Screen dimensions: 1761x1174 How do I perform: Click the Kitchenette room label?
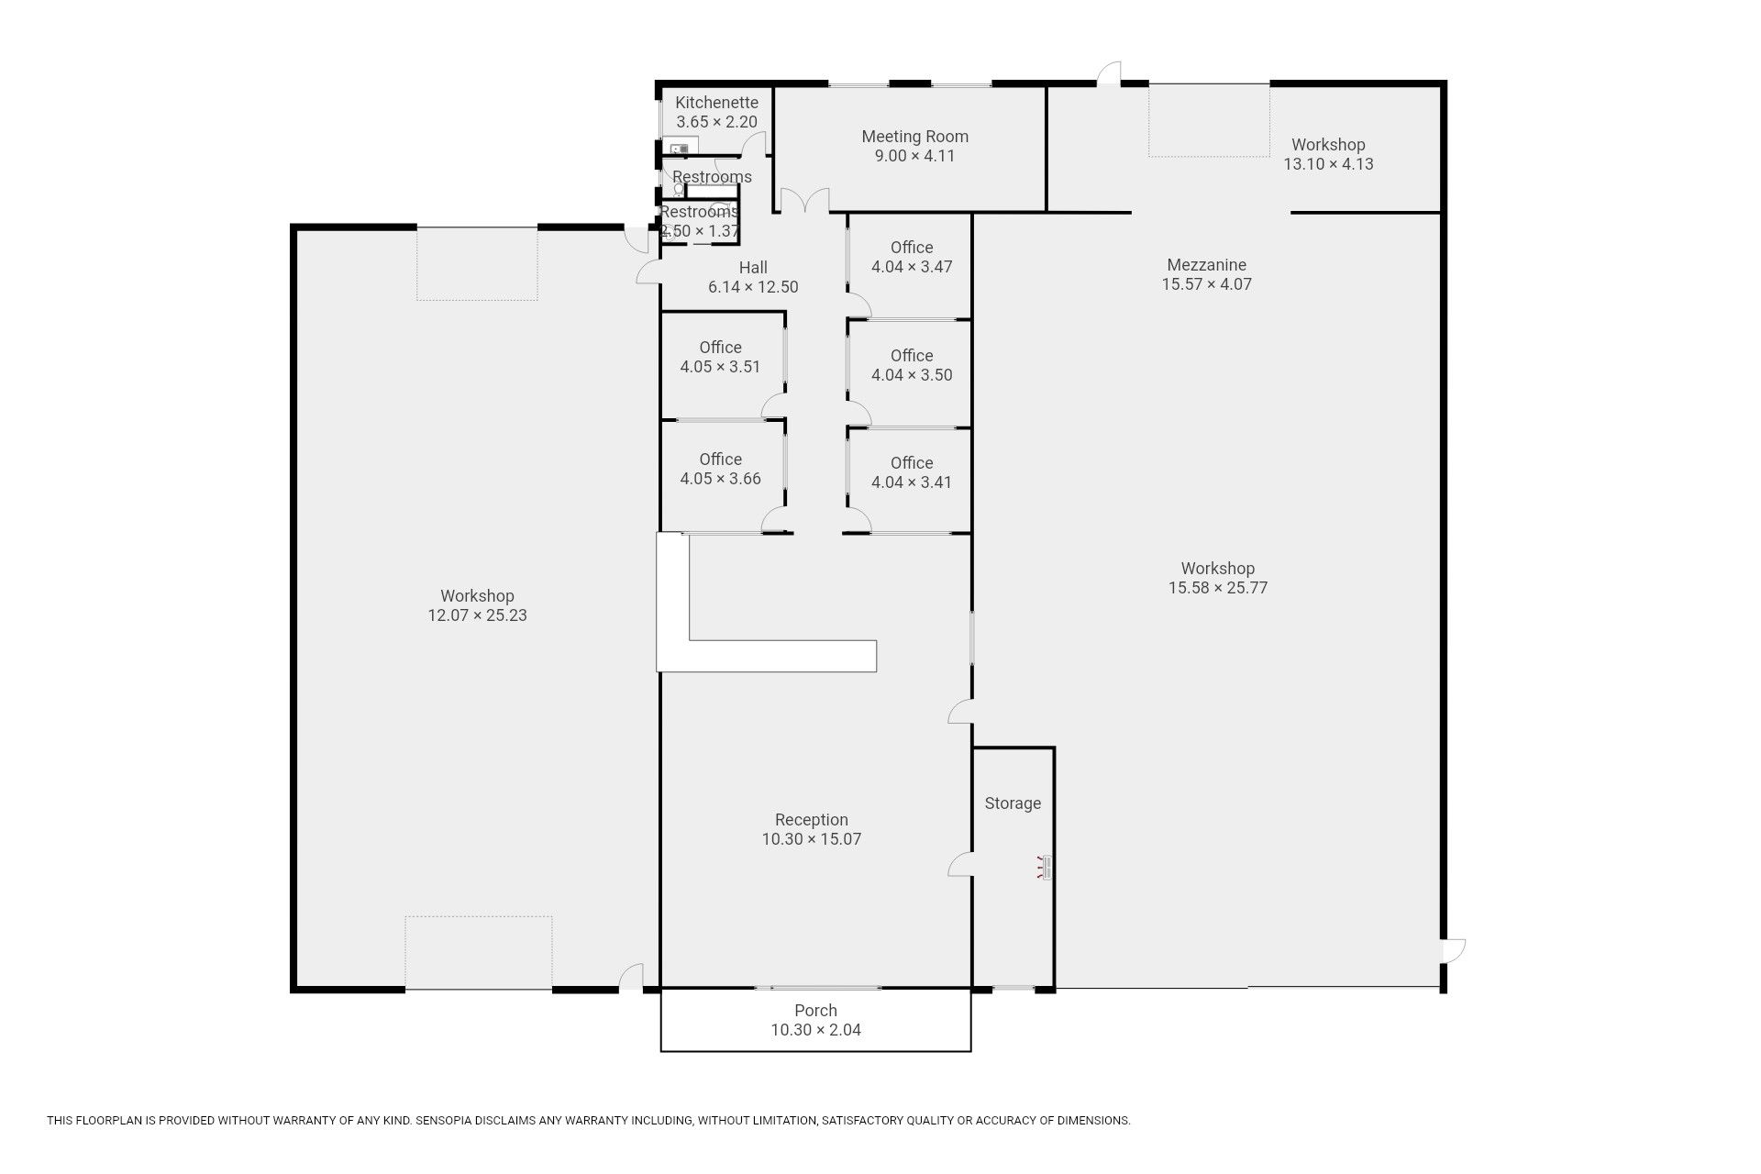point(717,103)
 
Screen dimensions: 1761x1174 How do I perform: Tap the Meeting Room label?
point(914,137)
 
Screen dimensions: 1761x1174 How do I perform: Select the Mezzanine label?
point(1206,265)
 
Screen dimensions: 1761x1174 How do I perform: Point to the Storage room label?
point(1013,803)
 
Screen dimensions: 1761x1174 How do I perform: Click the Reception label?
point(812,820)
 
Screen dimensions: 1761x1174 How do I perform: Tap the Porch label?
point(815,1011)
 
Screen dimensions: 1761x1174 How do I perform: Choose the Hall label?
point(753,268)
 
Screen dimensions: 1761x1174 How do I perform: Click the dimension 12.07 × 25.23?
point(477,615)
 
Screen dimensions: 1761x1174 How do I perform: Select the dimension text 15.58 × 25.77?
point(1217,588)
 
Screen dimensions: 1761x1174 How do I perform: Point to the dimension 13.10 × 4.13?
point(1328,164)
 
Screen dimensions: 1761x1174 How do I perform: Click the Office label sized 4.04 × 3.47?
point(912,248)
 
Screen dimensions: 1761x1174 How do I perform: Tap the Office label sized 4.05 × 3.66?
point(720,460)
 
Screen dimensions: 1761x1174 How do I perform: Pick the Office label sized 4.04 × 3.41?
point(912,463)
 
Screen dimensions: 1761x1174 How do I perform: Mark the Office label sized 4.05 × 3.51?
point(720,348)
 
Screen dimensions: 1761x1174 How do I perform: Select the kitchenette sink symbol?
point(680,148)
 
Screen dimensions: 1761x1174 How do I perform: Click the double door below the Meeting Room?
point(804,201)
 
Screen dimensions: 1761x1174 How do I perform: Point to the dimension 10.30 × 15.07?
point(812,839)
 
